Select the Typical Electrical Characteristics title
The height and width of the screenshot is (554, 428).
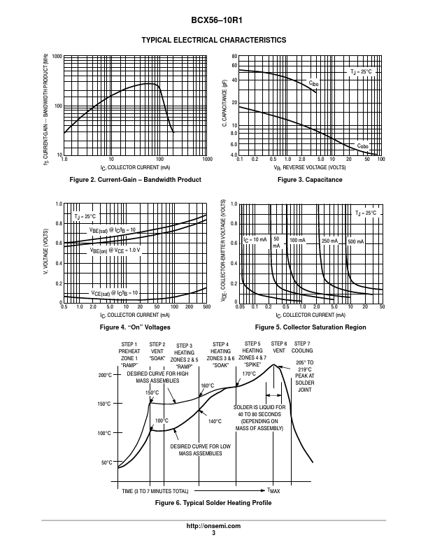[x=213, y=40]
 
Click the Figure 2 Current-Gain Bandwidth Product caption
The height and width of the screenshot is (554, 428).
[x=136, y=180]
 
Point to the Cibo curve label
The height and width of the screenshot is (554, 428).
[x=313, y=83]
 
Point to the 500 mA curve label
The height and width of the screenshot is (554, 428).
[x=356, y=241]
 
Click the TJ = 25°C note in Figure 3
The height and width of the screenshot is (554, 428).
[x=362, y=72]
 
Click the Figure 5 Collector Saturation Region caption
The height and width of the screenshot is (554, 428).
[x=311, y=327]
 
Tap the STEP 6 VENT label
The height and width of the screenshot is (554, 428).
[x=279, y=348]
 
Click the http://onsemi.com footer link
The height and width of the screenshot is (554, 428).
[x=213, y=525]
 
